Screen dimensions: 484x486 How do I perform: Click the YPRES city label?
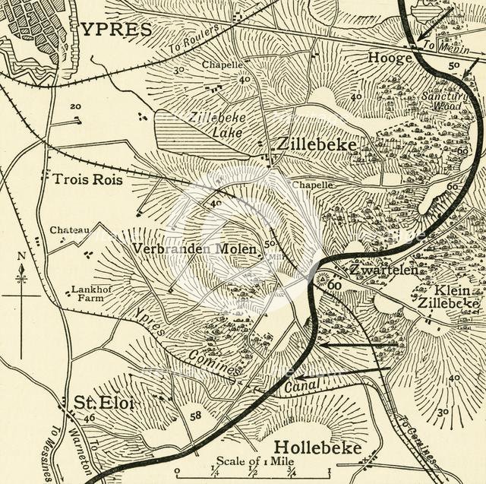pos(118,29)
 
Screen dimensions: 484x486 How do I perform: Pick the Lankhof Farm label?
pos(87,294)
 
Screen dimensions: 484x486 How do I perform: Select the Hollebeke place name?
pos(317,447)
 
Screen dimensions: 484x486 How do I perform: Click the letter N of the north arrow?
pos(21,255)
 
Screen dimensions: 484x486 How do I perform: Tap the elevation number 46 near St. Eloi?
pos(90,419)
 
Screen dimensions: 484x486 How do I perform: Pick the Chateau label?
pos(69,229)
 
